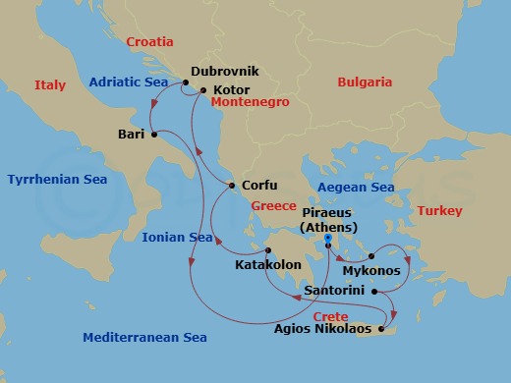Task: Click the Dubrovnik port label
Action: click(226, 72)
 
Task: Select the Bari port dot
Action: click(153, 136)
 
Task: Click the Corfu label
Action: click(259, 185)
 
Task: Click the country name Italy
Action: click(50, 86)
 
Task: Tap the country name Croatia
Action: click(149, 42)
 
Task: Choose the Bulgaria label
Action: click(365, 82)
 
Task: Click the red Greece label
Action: click(273, 206)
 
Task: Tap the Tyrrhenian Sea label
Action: click(57, 180)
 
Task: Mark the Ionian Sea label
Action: click(177, 238)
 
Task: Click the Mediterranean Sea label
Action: click(144, 337)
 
